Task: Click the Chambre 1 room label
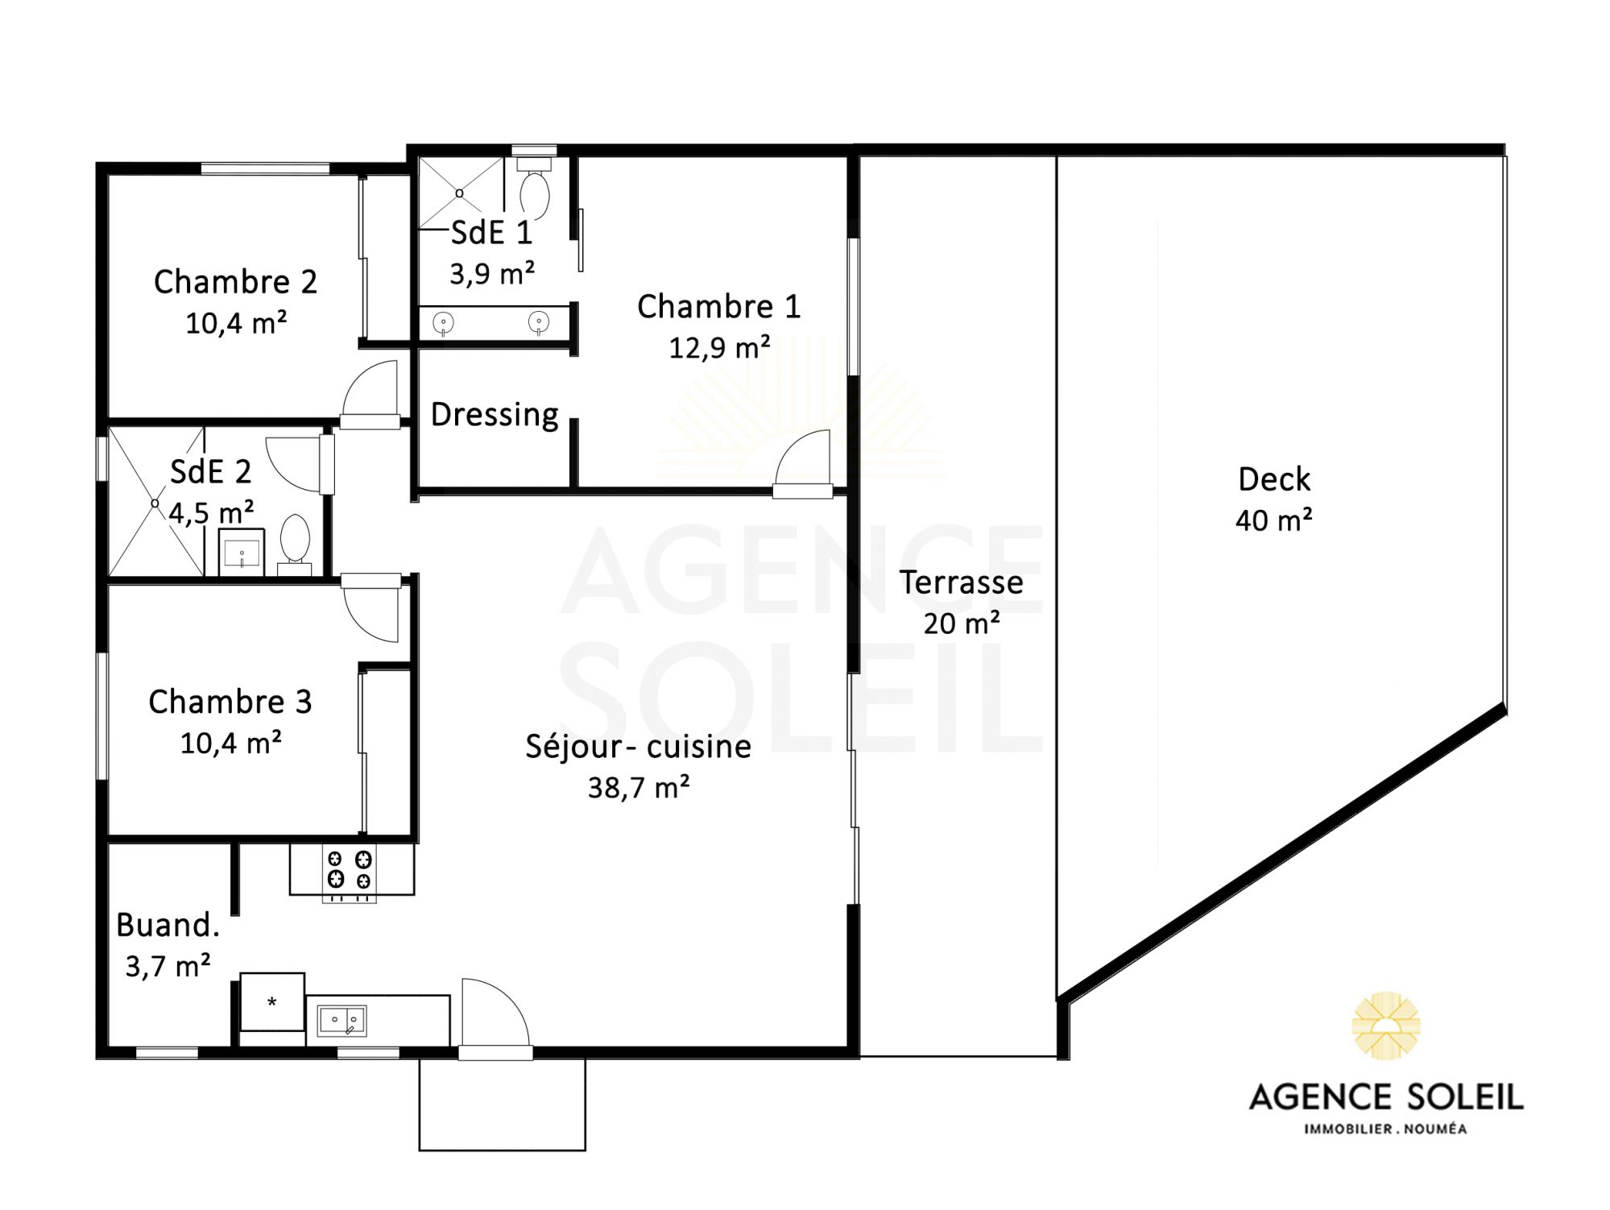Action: click(718, 306)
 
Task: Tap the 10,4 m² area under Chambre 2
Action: click(236, 323)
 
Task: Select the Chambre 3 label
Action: click(230, 702)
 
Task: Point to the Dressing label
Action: click(495, 415)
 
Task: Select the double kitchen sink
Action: click(342, 1021)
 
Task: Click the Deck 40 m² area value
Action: click(1273, 520)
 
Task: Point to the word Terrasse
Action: click(962, 582)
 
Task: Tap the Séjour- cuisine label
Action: click(638, 747)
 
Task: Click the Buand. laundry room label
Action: click(168, 925)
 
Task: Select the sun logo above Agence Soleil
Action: click(1386, 1025)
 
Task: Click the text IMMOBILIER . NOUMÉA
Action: click(1385, 1129)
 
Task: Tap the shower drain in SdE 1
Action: click(460, 193)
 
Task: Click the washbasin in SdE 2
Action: click(242, 553)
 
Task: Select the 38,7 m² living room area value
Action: click(639, 787)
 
